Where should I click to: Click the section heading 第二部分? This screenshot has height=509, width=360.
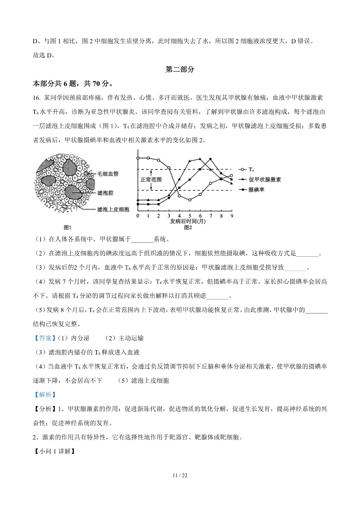click(x=180, y=70)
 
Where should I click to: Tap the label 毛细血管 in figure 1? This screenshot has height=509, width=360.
click(x=108, y=174)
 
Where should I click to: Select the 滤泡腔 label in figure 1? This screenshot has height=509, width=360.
click(x=105, y=193)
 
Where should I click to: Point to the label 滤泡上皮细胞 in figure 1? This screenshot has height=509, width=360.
click(x=113, y=209)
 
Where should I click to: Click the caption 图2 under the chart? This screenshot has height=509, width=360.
click(x=188, y=228)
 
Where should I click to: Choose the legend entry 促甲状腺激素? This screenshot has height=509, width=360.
click(x=265, y=180)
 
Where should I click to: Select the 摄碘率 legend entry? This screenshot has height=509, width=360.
click(x=256, y=190)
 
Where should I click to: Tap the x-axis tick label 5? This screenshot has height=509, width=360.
click(x=190, y=216)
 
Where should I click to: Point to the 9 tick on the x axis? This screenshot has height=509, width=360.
click(x=232, y=216)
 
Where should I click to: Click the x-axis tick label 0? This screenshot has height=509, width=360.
click(x=138, y=216)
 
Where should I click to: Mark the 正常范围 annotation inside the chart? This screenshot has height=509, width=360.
click(x=151, y=180)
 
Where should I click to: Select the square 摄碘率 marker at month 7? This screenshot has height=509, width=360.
click(x=211, y=159)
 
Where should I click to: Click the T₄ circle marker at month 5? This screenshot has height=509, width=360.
click(x=190, y=200)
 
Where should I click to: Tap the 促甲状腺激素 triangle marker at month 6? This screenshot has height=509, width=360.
click(x=200, y=159)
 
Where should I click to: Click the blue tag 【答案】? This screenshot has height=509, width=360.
click(x=43, y=338)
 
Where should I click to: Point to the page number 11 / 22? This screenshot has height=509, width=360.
click(x=180, y=475)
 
